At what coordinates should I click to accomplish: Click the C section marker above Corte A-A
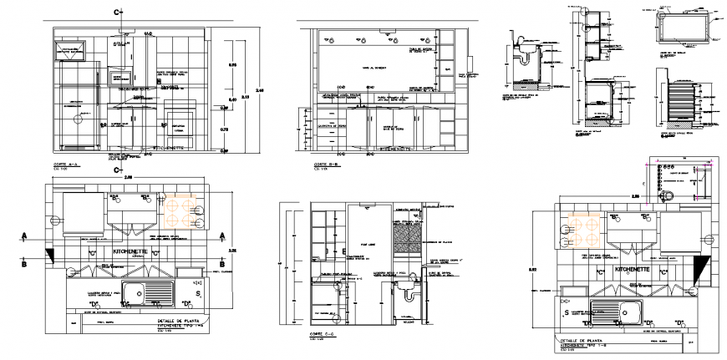click(x=119, y=13)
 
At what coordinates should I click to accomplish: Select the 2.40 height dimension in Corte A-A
click(x=259, y=91)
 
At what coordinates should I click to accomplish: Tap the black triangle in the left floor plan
click(x=51, y=255)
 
